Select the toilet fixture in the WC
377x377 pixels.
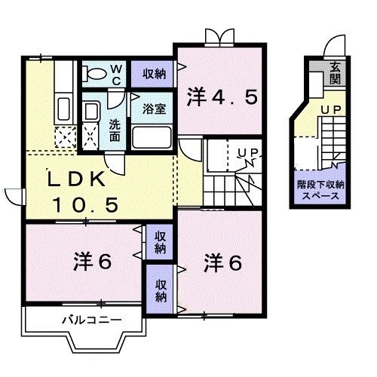[97, 75]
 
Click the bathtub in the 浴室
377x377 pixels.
[152, 138]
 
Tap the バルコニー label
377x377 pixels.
[91, 320]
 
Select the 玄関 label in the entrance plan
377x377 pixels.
[333, 75]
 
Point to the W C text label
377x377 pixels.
[117, 73]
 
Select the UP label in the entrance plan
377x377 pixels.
[329, 110]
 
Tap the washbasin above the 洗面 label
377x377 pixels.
[91, 112]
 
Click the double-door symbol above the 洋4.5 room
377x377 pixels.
[217, 35]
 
